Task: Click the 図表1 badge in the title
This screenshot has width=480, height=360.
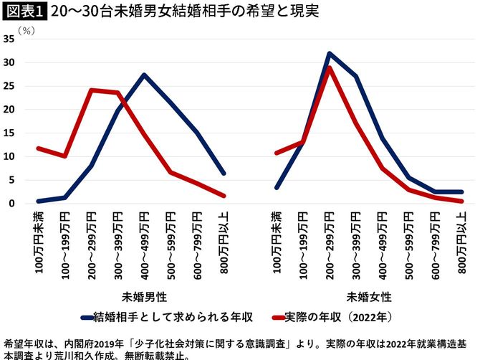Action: [x=24, y=12]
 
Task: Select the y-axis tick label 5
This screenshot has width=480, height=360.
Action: [x=11, y=180]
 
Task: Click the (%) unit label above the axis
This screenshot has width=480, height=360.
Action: [x=26, y=31]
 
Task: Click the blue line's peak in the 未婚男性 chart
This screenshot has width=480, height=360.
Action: [x=144, y=75]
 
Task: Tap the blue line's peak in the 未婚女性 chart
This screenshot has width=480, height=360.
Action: [x=329, y=53]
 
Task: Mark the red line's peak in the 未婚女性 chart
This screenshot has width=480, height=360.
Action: [x=329, y=67]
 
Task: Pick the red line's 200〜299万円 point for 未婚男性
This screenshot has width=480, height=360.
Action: [x=91, y=90]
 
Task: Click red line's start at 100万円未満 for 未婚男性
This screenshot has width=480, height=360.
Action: [x=38, y=148]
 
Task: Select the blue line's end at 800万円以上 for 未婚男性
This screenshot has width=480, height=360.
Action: [x=224, y=173]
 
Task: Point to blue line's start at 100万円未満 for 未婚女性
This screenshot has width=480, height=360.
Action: [x=277, y=187]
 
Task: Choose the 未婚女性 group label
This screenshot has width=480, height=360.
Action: [x=369, y=295]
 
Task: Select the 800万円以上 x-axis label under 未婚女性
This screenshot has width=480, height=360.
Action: [x=461, y=245]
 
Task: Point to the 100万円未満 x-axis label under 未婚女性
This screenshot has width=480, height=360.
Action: [x=277, y=245]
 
